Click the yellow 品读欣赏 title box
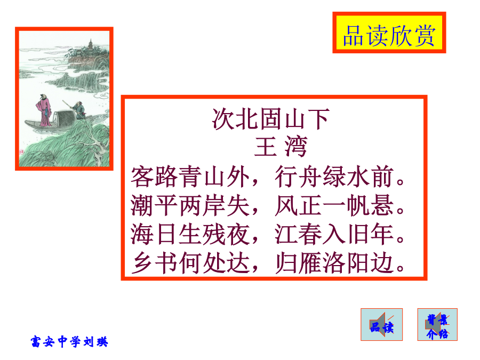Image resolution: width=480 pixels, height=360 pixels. pyautogui.click(x=389, y=33)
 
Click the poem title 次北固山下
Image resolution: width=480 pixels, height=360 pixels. pyautogui.click(x=270, y=119)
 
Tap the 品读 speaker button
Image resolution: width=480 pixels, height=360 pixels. pyautogui.click(x=381, y=324)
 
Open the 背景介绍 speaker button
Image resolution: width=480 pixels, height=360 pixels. pyautogui.click(x=437, y=324)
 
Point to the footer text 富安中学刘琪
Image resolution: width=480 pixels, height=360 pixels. pyautogui.click(x=69, y=341)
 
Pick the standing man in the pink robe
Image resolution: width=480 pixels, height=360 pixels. pyautogui.click(x=44, y=110)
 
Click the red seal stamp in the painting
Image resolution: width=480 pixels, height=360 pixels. pyautogui.click(x=21, y=151)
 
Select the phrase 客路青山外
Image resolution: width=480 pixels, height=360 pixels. pyautogui.click(x=190, y=177)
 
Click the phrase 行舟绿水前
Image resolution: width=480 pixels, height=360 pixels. pyautogui.click(x=334, y=177)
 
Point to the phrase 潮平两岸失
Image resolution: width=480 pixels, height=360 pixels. pyautogui.click(x=190, y=205)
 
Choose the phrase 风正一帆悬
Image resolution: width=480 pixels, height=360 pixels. pyautogui.click(x=334, y=205)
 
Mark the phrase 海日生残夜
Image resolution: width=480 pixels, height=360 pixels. pyautogui.click(x=190, y=234)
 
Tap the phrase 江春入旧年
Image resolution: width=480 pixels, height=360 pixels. pyautogui.click(x=334, y=234)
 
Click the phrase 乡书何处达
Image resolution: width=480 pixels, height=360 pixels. pyautogui.click(x=190, y=263)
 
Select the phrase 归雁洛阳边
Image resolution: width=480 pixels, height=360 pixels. pyautogui.click(x=334, y=263)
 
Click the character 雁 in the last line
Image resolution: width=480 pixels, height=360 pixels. pyautogui.click(x=310, y=263)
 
